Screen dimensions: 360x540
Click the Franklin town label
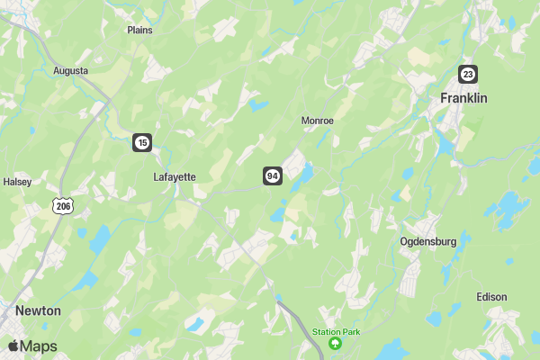(x=463, y=98)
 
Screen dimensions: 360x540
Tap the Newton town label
(x=38, y=310)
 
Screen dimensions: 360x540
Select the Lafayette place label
(x=175, y=177)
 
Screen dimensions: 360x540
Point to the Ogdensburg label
(x=428, y=242)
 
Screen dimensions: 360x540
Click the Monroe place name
(x=317, y=121)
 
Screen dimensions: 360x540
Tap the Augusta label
(x=71, y=70)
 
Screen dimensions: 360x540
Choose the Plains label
(x=139, y=30)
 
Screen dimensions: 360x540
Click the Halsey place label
(x=17, y=182)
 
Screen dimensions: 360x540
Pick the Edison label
(x=492, y=297)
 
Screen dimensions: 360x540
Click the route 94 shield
(x=273, y=175)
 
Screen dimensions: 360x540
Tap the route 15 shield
(x=142, y=142)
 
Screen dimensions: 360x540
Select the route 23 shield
(x=467, y=74)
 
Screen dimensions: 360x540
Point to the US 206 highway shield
(x=62, y=206)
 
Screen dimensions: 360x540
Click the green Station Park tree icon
(x=337, y=343)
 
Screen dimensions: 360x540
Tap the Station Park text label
(x=337, y=332)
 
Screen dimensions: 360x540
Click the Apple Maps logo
(x=32, y=346)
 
